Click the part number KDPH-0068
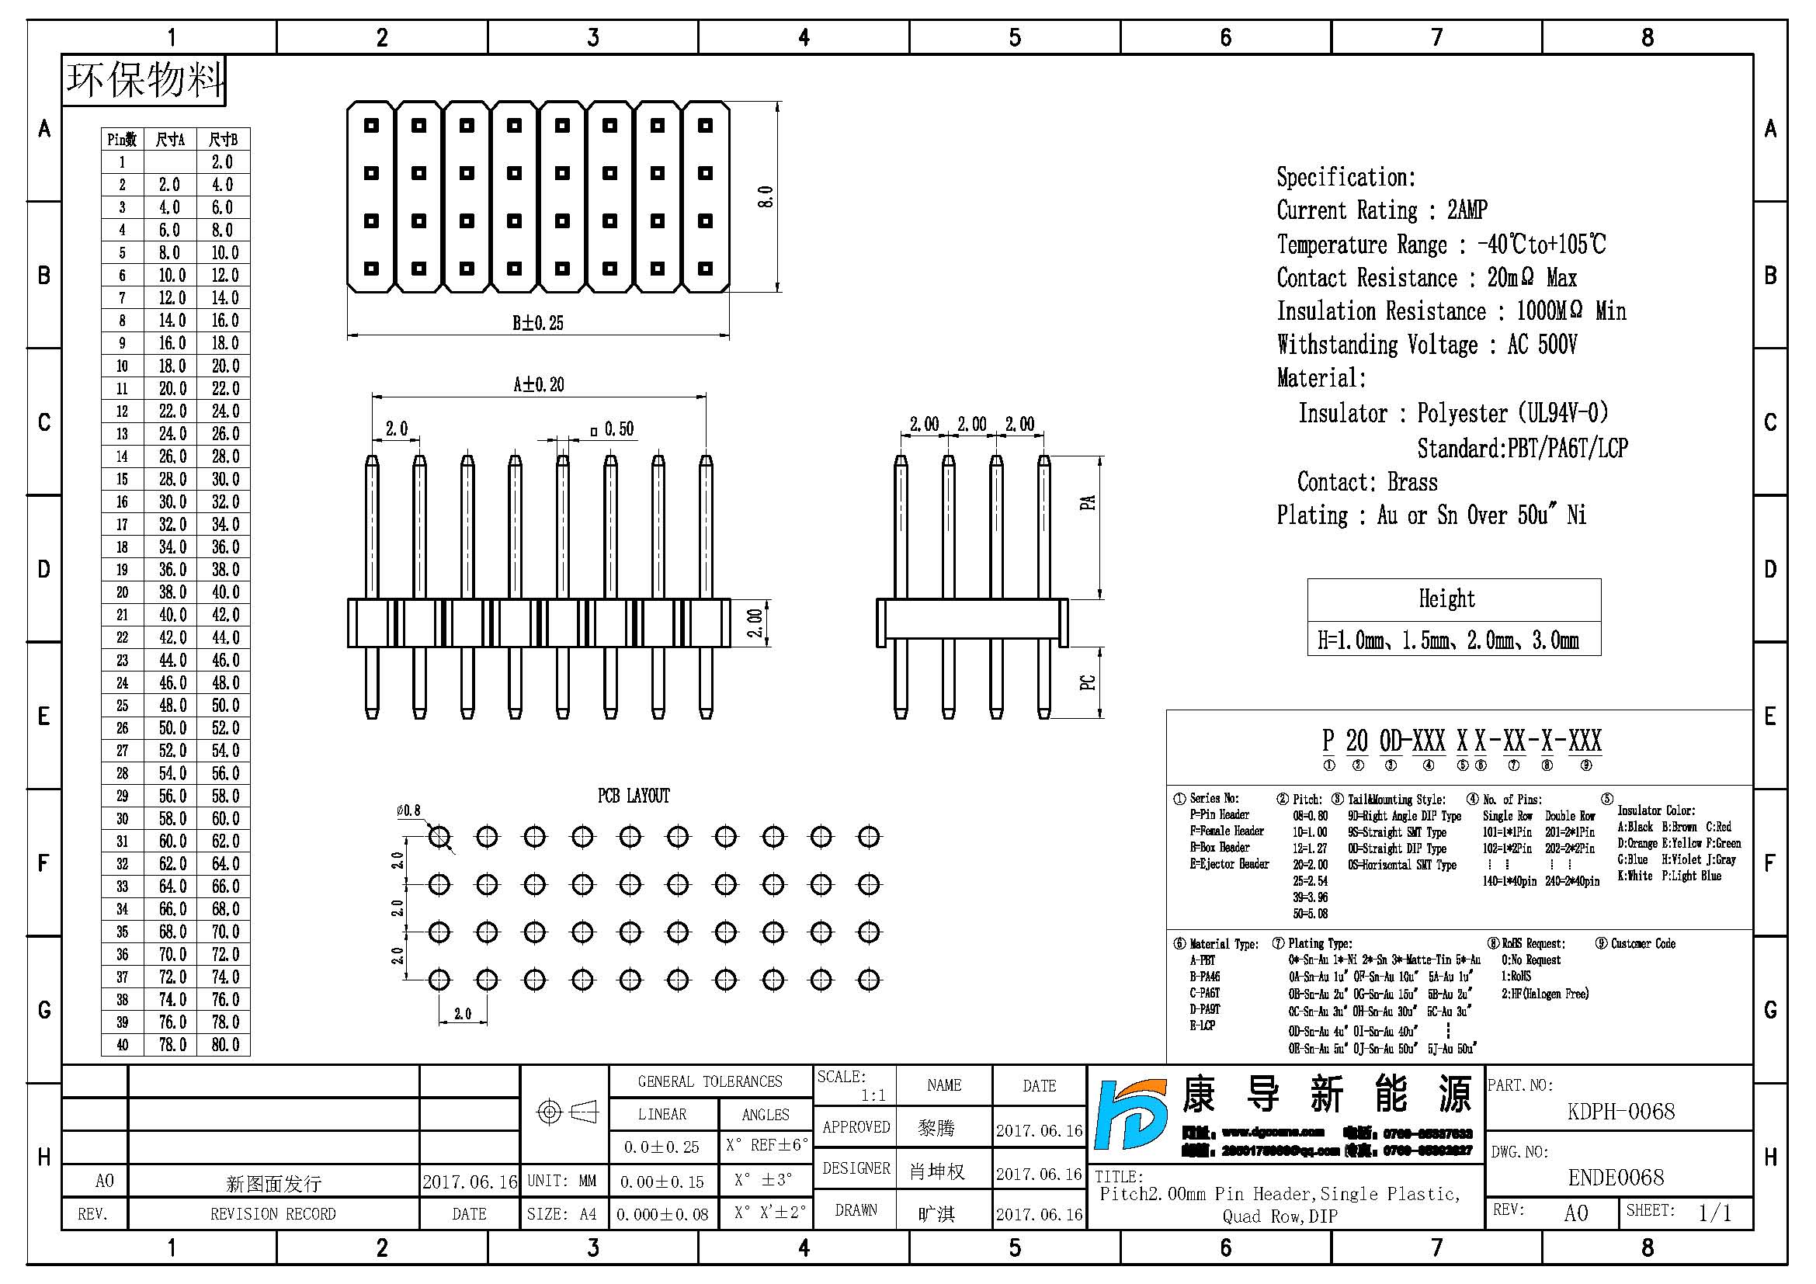point(1620,1112)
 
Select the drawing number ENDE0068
point(1616,1178)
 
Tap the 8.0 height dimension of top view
point(765,197)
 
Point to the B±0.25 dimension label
point(538,323)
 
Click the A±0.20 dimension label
point(539,385)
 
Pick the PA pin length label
point(1089,502)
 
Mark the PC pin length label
point(1089,682)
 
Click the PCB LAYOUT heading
point(634,796)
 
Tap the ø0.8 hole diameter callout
point(408,810)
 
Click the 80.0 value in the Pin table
point(224,1044)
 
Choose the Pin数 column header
point(122,140)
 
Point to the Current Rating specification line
point(1382,210)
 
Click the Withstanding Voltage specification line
point(1427,345)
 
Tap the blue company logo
point(1131,1114)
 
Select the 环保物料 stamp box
point(144,80)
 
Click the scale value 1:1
point(873,1095)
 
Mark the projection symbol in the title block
point(566,1112)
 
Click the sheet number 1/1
point(1715,1213)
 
